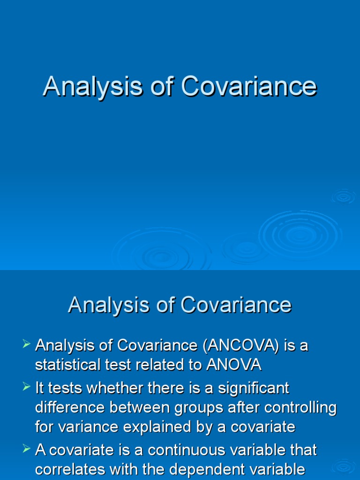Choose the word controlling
[300, 408]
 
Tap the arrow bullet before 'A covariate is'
[26, 450]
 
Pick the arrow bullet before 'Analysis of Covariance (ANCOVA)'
[26, 345]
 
